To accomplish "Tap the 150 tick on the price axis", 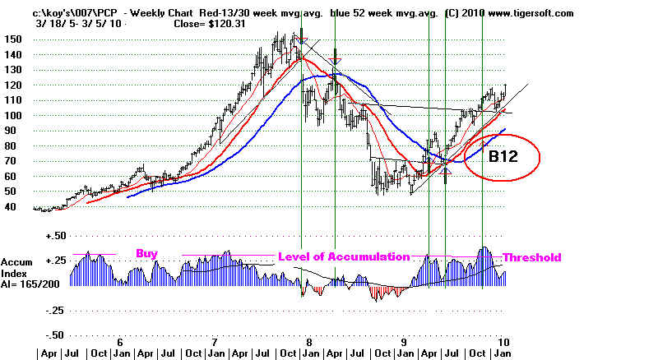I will click(12, 39).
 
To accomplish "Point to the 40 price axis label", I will click(12, 206).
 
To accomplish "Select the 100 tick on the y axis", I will click(12, 115).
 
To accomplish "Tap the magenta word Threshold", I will click(531, 256).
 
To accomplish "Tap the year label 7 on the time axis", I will click(215, 340).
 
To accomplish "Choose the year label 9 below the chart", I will click(404, 340).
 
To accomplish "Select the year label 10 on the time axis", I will click(501, 340).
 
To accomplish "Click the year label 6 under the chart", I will click(120, 340).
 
